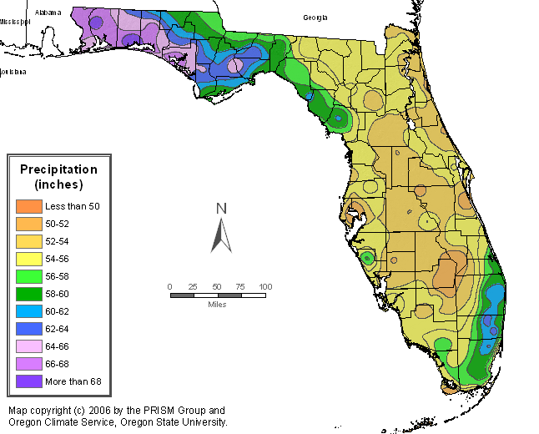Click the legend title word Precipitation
point(58,169)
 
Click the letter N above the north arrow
point(221,209)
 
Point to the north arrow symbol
point(221,235)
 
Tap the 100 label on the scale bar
point(265,286)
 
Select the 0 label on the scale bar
point(169,286)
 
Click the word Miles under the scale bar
point(217,304)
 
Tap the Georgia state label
point(315,18)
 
